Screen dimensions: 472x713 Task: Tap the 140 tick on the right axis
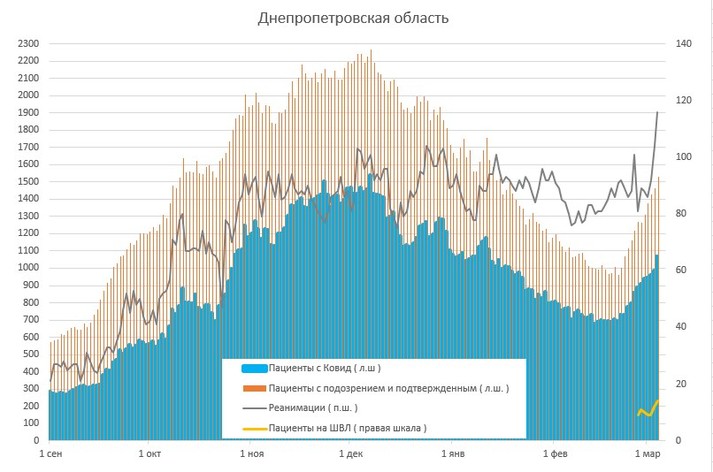point(683,44)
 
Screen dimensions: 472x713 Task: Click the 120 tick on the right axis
point(683,101)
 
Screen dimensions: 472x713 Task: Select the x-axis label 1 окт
point(151,454)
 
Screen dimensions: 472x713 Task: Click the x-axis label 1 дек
point(351,454)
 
